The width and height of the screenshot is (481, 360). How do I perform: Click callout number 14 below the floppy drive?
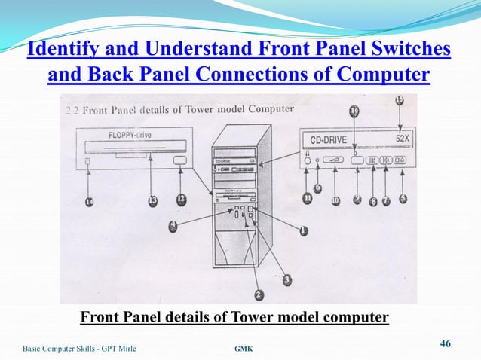[90, 203]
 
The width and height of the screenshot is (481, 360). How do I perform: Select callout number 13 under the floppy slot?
[152, 200]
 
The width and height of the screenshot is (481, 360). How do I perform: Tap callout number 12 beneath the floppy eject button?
[181, 199]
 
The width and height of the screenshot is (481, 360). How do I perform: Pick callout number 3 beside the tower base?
[287, 279]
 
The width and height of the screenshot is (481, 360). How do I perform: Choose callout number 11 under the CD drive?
[308, 198]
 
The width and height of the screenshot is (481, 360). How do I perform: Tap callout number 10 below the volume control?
[335, 200]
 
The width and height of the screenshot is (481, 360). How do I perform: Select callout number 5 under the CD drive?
[403, 199]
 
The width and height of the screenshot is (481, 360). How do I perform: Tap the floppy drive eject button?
[181, 161]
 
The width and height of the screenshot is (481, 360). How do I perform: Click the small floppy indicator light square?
[89, 162]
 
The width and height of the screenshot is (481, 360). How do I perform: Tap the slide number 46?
[445, 344]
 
